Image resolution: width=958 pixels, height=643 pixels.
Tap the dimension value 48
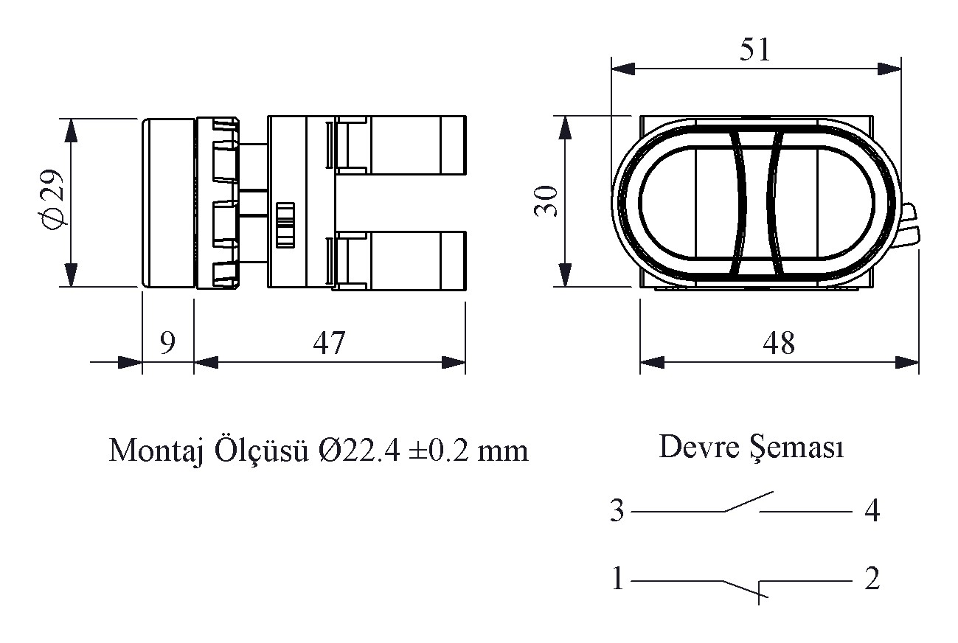click(779, 343)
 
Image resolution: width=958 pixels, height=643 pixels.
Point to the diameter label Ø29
click(52, 201)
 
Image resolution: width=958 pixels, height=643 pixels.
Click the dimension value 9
click(167, 343)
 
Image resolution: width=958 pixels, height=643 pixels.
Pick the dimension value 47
click(329, 343)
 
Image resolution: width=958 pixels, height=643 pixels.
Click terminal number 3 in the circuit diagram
click(617, 511)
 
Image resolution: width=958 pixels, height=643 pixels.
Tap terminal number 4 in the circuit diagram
click(872, 511)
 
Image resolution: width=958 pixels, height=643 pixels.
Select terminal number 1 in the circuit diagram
click(617, 580)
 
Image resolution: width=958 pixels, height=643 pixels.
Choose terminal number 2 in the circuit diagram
click(872, 580)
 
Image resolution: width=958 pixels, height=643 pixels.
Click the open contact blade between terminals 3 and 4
click(748, 501)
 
